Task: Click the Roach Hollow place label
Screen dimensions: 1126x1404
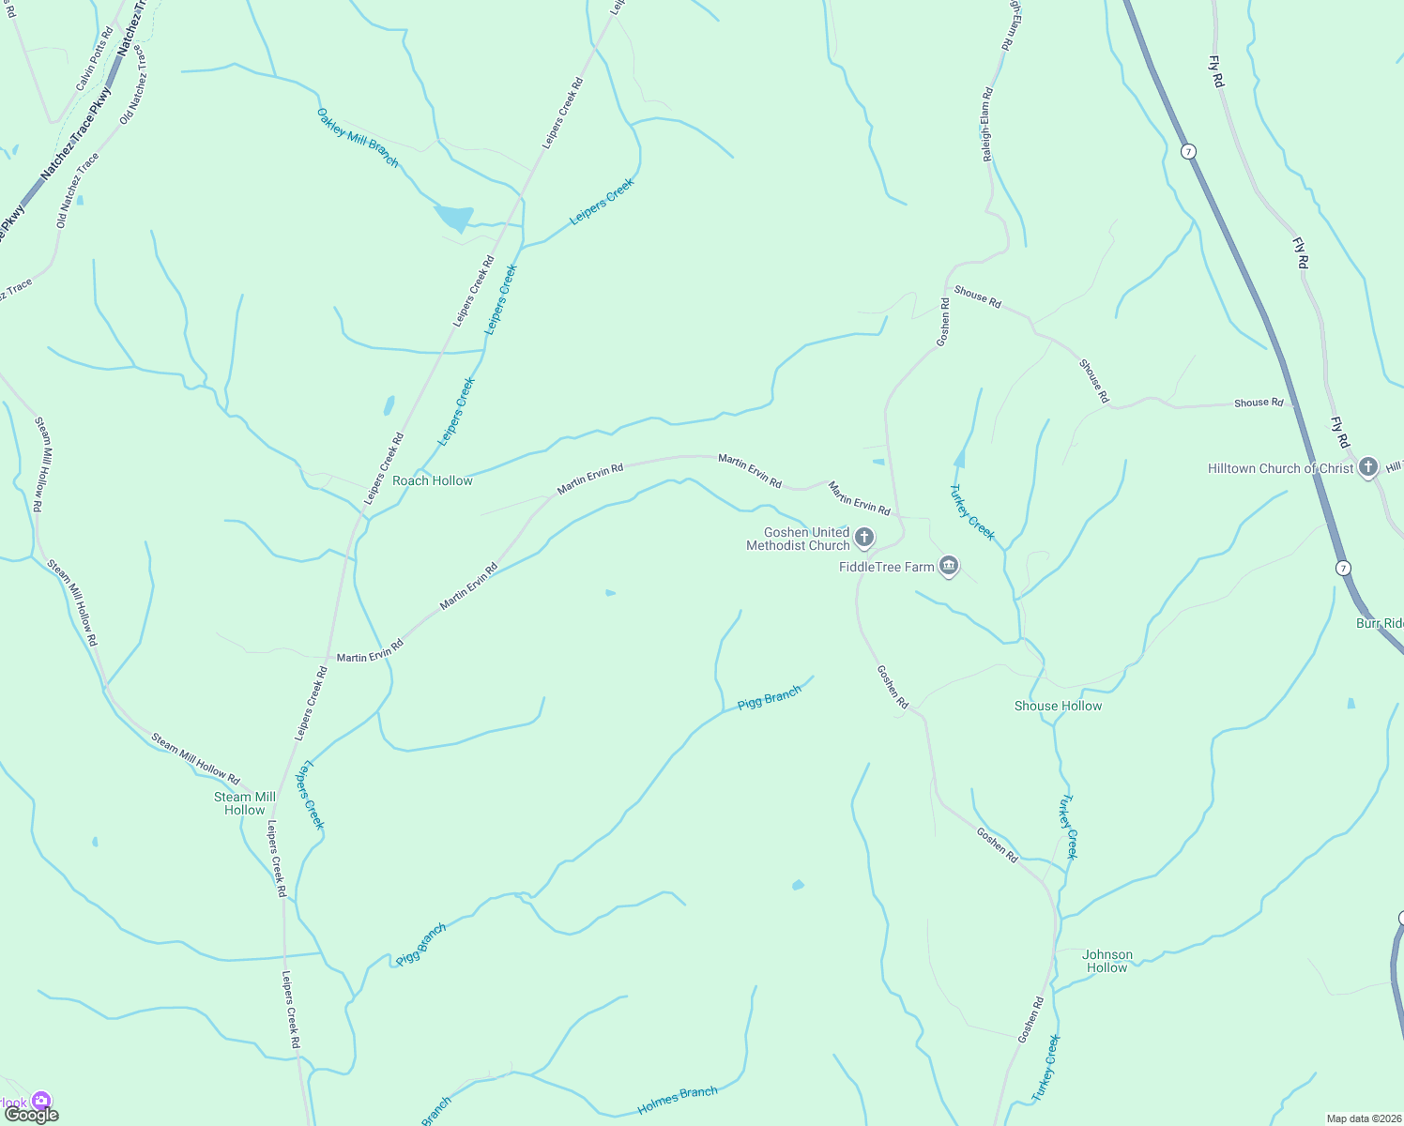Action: [x=432, y=480]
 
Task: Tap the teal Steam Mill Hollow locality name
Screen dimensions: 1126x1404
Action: [x=245, y=803]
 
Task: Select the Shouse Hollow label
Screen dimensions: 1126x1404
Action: [x=1058, y=706]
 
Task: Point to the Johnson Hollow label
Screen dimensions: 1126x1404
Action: [x=1107, y=961]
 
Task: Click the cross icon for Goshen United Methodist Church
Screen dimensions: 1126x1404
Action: [x=864, y=538]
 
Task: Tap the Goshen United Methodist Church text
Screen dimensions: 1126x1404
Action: [x=799, y=539]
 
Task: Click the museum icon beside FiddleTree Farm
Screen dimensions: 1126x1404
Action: [x=949, y=566]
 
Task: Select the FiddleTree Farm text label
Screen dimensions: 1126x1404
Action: [x=886, y=567]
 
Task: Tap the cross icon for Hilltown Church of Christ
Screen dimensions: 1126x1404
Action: [x=1368, y=466]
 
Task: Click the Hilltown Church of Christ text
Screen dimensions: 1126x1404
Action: [x=1280, y=468]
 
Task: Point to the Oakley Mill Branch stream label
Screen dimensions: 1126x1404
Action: [x=358, y=138]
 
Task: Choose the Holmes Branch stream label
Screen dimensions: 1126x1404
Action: [x=677, y=1101]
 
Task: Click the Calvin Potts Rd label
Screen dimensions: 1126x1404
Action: [x=94, y=59]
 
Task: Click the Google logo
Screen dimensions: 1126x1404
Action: [x=31, y=1115]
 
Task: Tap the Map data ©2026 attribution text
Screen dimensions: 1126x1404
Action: [x=1363, y=1118]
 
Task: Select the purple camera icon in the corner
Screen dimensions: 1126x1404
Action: [x=40, y=1101]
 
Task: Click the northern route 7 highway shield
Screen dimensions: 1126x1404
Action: [x=1188, y=151]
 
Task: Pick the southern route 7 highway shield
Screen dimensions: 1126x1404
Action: [x=1344, y=568]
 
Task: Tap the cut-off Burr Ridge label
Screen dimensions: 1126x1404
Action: [x=1380, y=623]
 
